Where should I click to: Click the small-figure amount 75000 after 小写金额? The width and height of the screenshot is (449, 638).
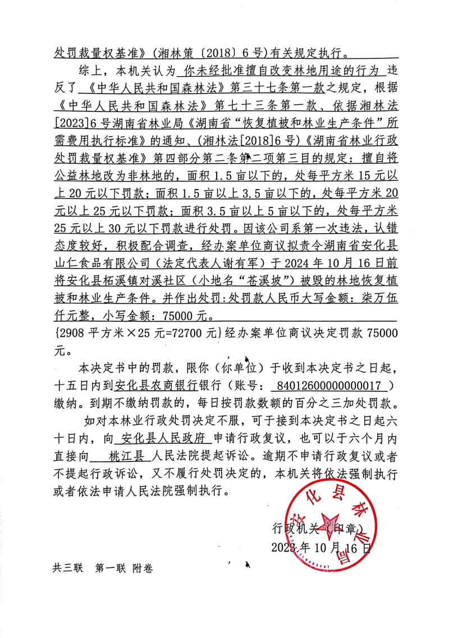[180, 315]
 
